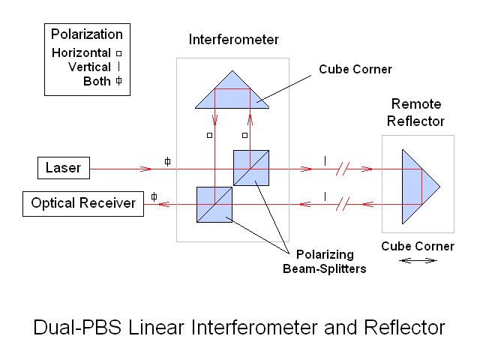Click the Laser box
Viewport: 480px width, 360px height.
click(x=63, y=168)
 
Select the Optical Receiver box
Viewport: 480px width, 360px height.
click(x=82, y=203)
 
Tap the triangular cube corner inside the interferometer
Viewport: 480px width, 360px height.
click(x=232, y=92)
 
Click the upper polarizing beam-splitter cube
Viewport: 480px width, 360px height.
click(x=250, y=168)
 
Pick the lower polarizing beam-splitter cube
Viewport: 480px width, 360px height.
click(x=214, y=204)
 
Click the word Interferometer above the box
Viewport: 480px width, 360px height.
click(x=232, y=39)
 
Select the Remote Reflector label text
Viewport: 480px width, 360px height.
click(x=417, y=112)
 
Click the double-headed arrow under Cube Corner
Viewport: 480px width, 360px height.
click(x=418, y=260)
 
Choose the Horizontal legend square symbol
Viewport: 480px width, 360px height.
click(x=118, y=53)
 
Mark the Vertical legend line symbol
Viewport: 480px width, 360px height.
click(x=118, y=67)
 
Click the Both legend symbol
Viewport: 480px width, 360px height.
click(x=118, y=81)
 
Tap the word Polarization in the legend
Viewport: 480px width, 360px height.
click(x=86, y=34)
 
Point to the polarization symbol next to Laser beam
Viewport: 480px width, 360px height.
click(x=167, y=160)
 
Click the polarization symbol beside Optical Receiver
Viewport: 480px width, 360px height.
click(x=154, y=196)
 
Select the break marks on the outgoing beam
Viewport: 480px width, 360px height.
click(x=343, y=169)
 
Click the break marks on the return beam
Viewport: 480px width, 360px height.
click(x=343, y=203)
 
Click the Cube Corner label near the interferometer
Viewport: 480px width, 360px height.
click(x=355, y=69)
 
